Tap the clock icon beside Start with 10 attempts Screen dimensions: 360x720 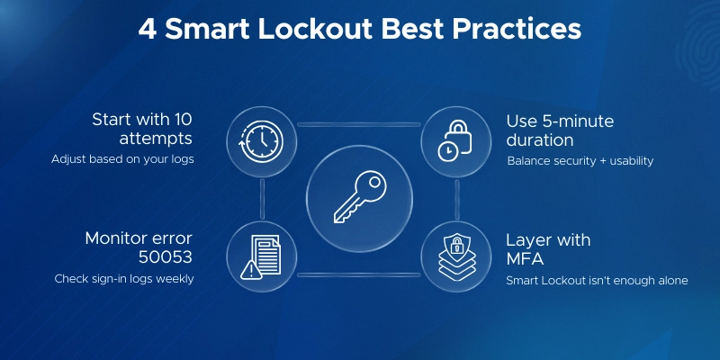pos(260,141)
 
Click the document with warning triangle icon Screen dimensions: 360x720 pos(260,256)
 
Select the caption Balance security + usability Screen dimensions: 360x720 pos(580,161)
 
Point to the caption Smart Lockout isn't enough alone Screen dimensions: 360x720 pos(596,281)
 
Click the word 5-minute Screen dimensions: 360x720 pos(571,120)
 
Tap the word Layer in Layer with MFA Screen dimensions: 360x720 pos(526,239)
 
